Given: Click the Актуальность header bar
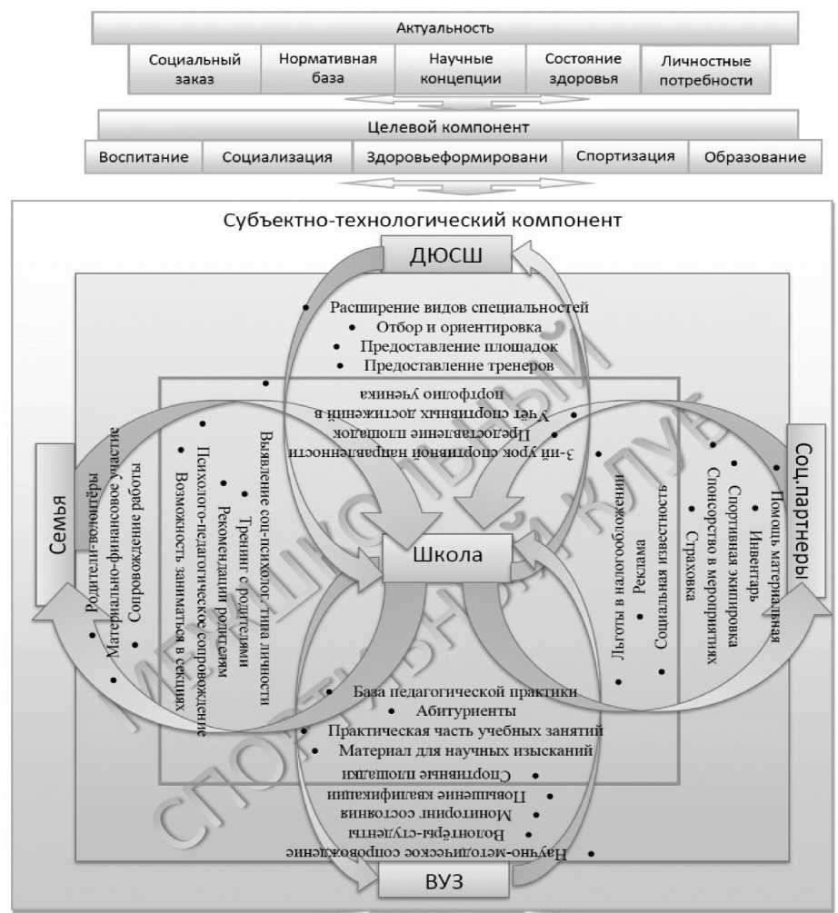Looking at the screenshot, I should point(444,27).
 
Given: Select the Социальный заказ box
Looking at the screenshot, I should point(195,69).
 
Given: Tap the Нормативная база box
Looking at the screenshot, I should point(327,68).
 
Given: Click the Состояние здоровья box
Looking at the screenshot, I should point(583,68).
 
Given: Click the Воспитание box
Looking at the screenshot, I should point(144,156).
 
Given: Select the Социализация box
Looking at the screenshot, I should point(277,156).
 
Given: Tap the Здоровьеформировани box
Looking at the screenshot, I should point(457,156).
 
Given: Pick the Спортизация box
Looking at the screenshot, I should point(625,155).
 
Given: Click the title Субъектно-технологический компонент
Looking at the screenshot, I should point(423,221).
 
